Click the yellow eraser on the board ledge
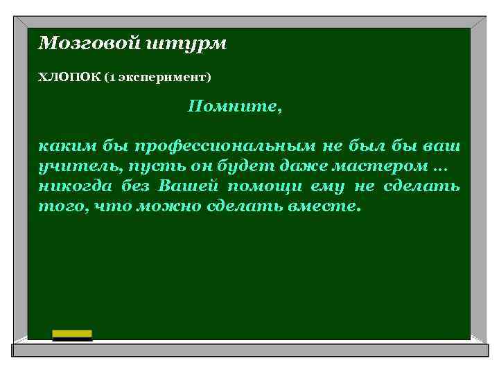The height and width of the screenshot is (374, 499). click(72, 335)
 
